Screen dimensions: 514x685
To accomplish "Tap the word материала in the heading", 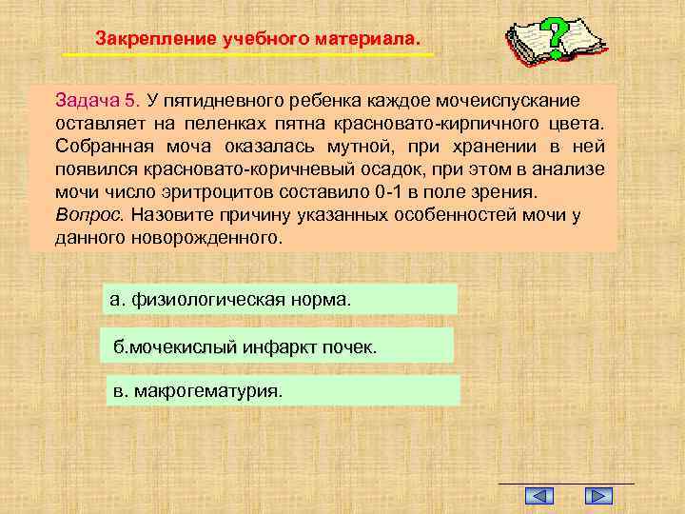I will [371, 39].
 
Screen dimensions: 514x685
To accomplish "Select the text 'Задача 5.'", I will [97, 100].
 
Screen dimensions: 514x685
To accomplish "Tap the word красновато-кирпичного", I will [435, 124].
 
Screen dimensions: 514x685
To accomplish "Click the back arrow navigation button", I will [539, 496].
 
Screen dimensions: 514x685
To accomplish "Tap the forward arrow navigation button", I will [597, 496].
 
